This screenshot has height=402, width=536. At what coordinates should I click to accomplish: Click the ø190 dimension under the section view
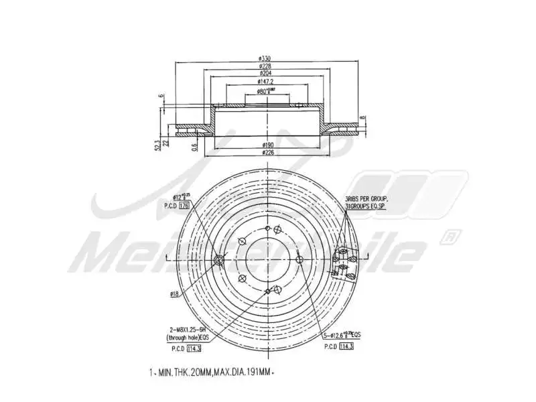tap(268, 144)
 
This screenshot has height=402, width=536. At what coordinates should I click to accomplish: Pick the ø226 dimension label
tap(268, 153)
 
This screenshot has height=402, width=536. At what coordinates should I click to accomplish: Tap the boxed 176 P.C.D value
tap(185, 206)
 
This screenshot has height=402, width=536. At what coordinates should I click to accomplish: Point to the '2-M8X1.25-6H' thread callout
tap(188, 330)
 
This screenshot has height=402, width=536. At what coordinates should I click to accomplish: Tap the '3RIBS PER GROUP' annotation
tap(366, 200)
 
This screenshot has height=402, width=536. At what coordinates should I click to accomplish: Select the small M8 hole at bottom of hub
tap(268, 290)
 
